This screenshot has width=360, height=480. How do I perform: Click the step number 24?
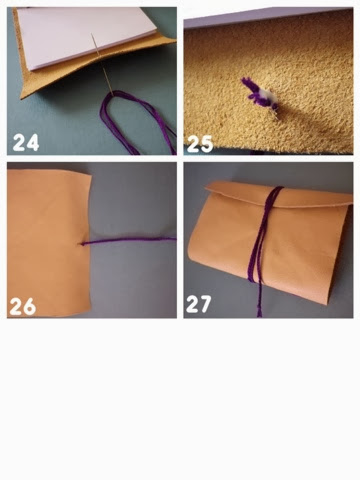[26, 142]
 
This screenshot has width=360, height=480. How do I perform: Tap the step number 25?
[200, 144]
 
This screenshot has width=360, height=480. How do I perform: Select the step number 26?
[22, 306]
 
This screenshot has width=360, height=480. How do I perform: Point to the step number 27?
[199, 304]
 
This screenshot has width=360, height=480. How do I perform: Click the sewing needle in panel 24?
[101, 63]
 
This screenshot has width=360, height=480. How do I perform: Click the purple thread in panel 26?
[128, 240]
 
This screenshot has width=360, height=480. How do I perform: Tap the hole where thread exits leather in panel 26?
[82, 244]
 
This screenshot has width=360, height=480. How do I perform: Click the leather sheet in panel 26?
[47, 242]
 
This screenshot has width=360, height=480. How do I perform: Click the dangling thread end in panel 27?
[259, 300]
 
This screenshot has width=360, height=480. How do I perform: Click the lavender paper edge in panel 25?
[267, 17]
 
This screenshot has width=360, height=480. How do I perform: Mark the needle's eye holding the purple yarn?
[110, 93]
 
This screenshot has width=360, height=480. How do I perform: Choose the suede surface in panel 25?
[268, 87]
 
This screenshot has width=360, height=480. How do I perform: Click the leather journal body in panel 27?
[270, 247]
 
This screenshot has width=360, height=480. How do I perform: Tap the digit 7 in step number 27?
[205, 304]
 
